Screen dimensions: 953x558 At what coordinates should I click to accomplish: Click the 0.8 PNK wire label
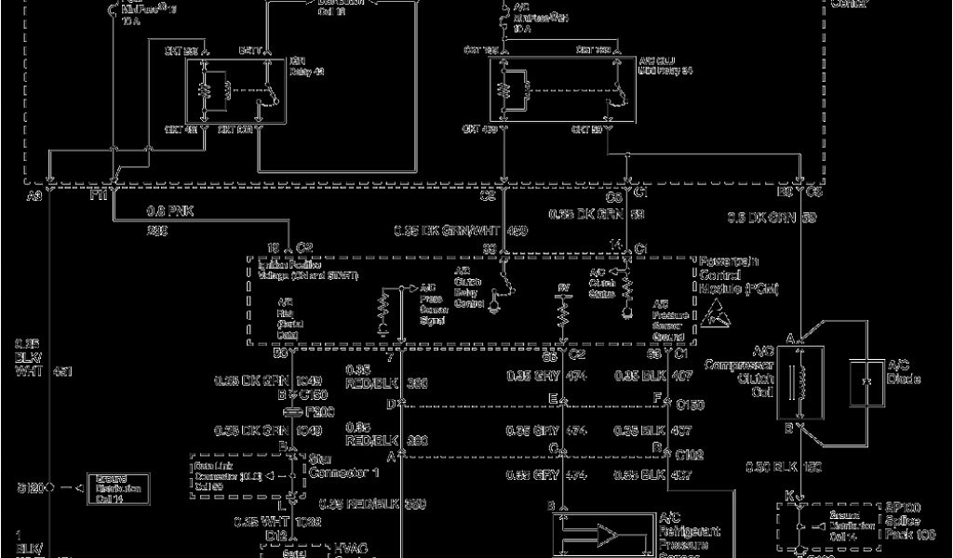click(x=168, y=211)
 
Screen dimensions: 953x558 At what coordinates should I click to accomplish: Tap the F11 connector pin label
click(x=99, y=197)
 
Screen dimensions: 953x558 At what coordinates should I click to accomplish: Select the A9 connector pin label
click(x=34, y=197)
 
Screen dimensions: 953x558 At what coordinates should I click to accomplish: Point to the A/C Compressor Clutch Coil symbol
click(x=799, y=381)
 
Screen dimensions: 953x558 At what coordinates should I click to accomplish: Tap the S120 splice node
click(x=51, y=485)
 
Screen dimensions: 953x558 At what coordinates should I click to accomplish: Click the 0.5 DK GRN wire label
click(x=758, y=218)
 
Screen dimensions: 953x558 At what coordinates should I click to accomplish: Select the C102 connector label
click(x=689, y=456)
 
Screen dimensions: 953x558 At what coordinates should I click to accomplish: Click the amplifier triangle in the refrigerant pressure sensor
click(x=610, y=535)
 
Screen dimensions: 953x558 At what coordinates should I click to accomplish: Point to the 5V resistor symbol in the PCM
click(x=561, y=315)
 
